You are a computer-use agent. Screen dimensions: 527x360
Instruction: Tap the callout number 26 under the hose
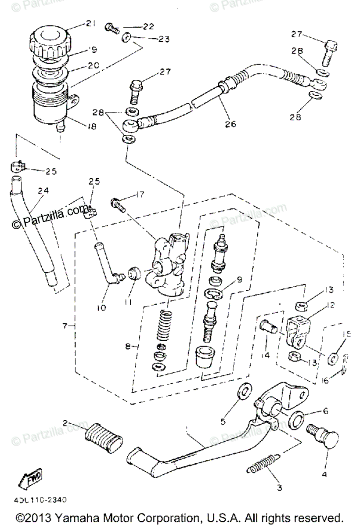click(x=230, y=124)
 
